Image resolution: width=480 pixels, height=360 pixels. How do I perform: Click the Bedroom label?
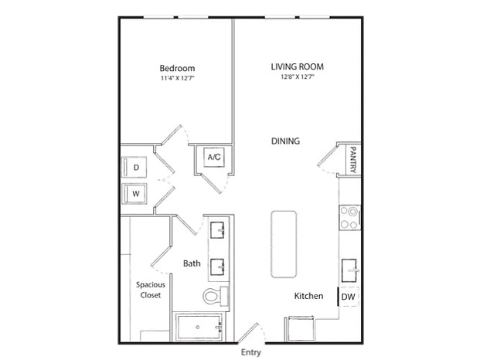[177, 68]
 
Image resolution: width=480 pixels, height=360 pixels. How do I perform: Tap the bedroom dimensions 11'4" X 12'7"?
[178, 78]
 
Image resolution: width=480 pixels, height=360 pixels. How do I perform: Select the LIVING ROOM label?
[298, 66]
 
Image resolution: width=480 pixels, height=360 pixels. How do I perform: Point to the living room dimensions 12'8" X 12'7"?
[298, 76]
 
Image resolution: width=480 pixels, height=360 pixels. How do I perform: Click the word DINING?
[286, 141]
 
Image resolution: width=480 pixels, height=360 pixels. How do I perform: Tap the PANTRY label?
[353, 160]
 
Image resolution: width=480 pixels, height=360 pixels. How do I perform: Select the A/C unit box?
[214, 158]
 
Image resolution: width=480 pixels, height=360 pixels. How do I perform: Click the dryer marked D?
[134, 167]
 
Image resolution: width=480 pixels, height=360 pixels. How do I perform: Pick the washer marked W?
[134, 193]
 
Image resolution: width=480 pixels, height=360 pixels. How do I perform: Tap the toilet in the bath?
[215, 296]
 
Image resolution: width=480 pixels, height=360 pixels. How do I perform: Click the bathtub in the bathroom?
[199, 327]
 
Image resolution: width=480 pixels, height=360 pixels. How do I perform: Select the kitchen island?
[284, 244]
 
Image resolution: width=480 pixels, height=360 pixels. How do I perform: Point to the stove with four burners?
[350, 218]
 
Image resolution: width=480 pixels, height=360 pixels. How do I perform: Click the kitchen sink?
[349, 270]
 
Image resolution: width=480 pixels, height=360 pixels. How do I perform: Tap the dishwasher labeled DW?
[349, 297]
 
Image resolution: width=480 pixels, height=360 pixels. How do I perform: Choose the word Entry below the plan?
[251, 352]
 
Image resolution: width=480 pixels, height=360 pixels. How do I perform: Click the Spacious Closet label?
[151, 290]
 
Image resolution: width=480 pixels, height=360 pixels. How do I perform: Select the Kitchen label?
[308, 296]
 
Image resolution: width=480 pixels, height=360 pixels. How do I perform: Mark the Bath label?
[192, 263]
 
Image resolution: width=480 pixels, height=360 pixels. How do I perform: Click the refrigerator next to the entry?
[300, 329]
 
